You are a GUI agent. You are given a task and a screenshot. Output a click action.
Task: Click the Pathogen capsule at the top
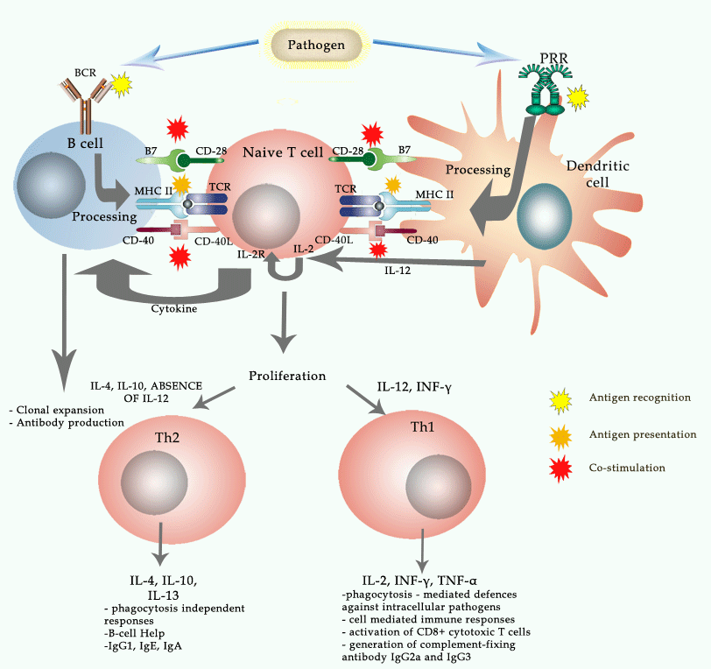[316, 45]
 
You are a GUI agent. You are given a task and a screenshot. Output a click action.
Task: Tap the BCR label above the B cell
[85, 73]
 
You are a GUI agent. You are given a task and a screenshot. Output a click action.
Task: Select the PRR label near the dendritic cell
[553, 59]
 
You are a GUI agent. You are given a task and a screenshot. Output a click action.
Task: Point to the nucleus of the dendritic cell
[544, 216]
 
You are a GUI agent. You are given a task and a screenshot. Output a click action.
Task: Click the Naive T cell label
[283, 152]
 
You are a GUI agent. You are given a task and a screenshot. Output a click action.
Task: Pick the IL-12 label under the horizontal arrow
[398, 271]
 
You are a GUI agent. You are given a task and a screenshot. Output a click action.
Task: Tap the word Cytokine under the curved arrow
[174, 309]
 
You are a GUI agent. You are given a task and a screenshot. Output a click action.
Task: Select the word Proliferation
[287, 376]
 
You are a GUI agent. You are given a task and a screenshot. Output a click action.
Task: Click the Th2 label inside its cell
[167, 438]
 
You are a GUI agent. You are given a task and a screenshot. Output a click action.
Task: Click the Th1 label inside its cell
[423, 426]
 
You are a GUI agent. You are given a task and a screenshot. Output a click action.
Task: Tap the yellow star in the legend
[560, 401]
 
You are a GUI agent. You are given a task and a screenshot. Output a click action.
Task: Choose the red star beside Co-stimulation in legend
[560, 469]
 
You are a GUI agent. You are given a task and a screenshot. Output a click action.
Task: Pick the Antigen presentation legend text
[643, 434]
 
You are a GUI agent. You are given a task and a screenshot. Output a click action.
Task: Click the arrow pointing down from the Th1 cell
[423, 551]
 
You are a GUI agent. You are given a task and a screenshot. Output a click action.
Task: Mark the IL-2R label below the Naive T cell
[250, 255]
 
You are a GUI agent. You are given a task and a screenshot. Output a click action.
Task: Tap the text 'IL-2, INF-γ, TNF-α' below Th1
[419, 581]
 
